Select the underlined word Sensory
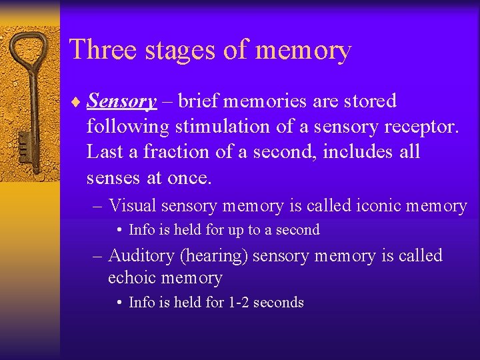[x=122, y=102]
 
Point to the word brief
[x=197, y=101]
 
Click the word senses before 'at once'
[x=113, y=178]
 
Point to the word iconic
[x=370, y=206]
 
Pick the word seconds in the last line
[x=279, y=303]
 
